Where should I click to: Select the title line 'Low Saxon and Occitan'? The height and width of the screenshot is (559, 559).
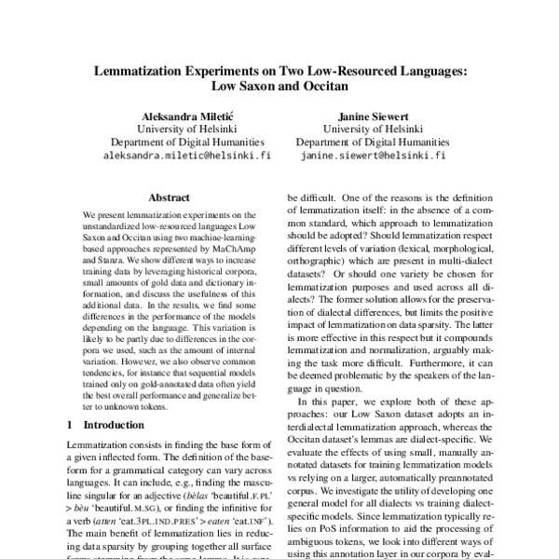click(x=279, y=87)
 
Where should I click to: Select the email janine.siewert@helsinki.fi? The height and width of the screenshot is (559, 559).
click(x=373, y=157)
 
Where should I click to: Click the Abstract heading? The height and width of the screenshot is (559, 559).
click(x=170, y=198)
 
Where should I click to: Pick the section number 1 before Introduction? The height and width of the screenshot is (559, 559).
click(x=74, y=423)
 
